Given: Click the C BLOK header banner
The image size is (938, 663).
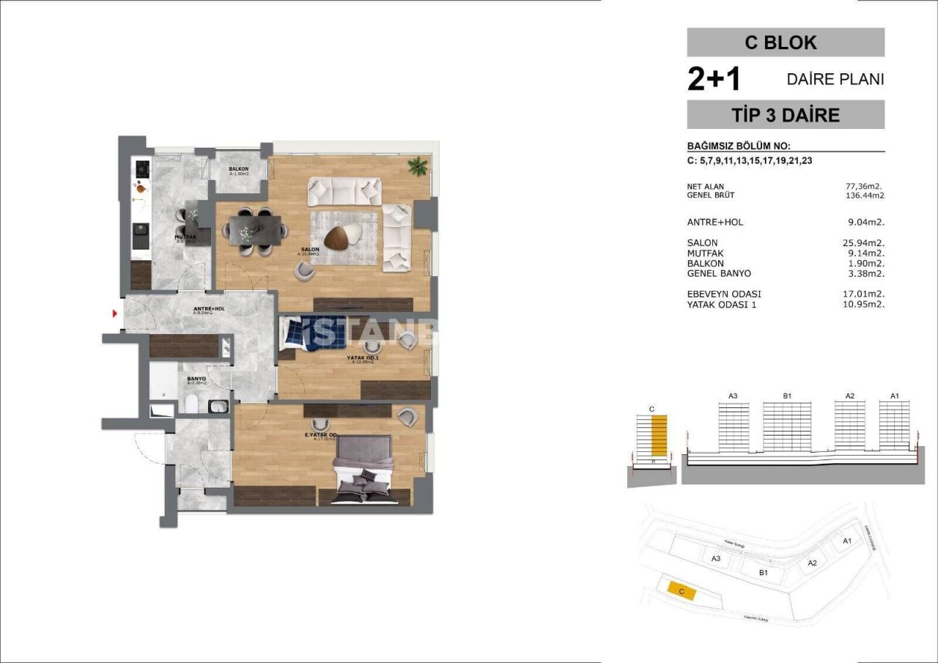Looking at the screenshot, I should coord(785,42).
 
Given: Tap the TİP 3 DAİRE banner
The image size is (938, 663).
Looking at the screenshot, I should coord(785,115).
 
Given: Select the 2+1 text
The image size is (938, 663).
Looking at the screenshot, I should coord(714,79).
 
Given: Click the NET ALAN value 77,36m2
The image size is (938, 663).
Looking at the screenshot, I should coord(865,186).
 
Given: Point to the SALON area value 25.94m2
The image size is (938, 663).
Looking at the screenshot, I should coord(865,242).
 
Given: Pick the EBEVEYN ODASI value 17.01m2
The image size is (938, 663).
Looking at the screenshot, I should coord(865,295).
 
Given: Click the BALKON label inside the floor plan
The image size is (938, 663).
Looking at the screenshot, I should coord(238,169).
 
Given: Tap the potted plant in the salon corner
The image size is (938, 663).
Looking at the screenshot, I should coord(418,166).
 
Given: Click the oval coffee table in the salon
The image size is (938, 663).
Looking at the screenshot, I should coord(341,237).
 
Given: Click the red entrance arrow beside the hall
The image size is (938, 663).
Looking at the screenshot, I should coord(115,314).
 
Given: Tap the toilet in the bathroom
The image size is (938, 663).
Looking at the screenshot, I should coord(191,404).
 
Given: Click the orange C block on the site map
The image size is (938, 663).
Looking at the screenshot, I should coord(681,590).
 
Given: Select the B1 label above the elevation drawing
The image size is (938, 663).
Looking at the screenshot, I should coord(787,396).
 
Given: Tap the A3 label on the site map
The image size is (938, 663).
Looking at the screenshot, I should coord(716,558).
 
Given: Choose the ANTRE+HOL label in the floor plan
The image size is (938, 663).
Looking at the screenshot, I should coord(209,309).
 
